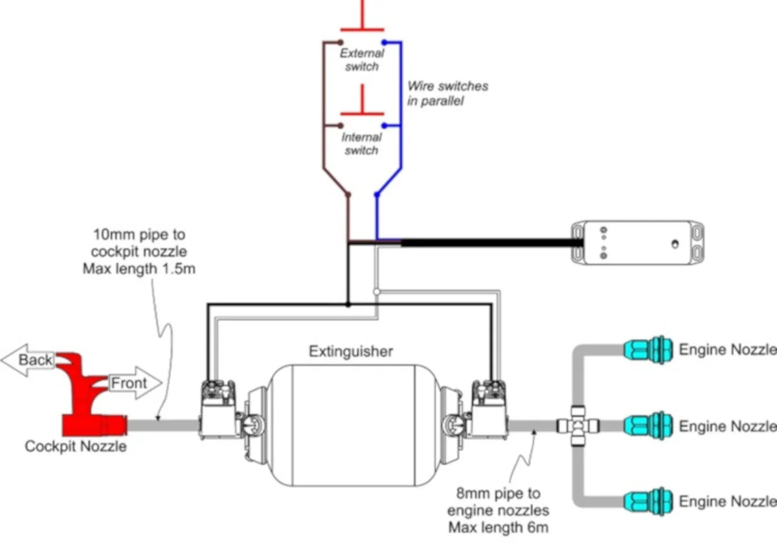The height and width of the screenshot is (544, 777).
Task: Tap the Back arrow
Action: (29, 360)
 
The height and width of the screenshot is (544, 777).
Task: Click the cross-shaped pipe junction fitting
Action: (578, 426)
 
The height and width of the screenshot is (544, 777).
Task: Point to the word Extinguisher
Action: (350, 351)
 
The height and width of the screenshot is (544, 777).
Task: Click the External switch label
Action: (361, 60)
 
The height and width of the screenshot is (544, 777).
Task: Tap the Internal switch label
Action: (361, 144)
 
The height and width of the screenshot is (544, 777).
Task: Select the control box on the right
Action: (636, 243)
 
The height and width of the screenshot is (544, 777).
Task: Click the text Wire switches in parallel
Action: (447, 93)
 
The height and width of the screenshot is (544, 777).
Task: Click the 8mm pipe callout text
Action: (498, 510)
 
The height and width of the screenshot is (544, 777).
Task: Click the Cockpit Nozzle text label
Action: (76, 446)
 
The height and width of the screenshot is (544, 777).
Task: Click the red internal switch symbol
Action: (362, 107)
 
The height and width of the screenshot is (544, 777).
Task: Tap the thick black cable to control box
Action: (486, 243)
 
